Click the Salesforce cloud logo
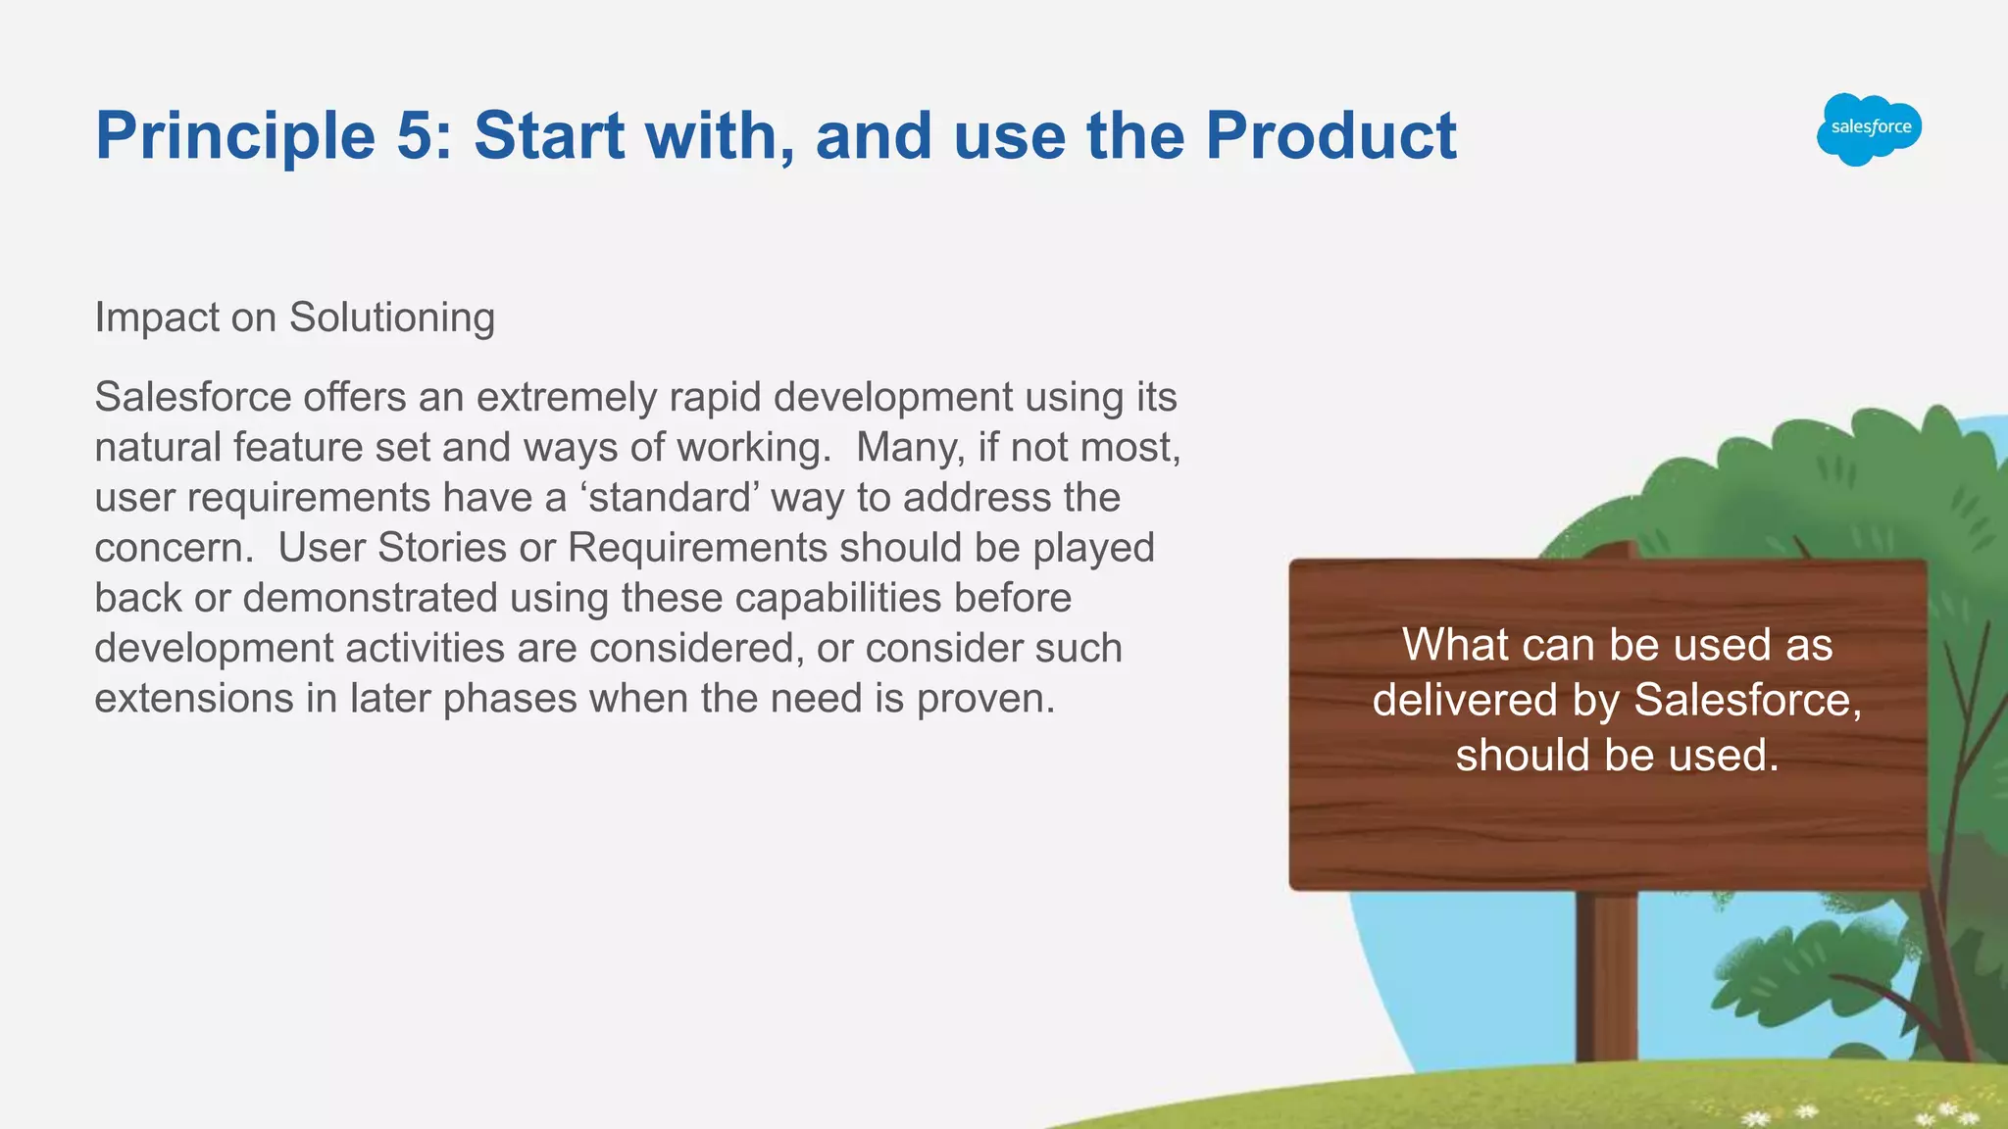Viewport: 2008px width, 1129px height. (1869, 128)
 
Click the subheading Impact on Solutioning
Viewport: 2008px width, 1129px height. (294, 318)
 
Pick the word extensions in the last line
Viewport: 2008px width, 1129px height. (192, 699)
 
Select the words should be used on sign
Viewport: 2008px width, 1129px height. (1617, 756)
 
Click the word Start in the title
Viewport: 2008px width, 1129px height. (549, 135)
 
